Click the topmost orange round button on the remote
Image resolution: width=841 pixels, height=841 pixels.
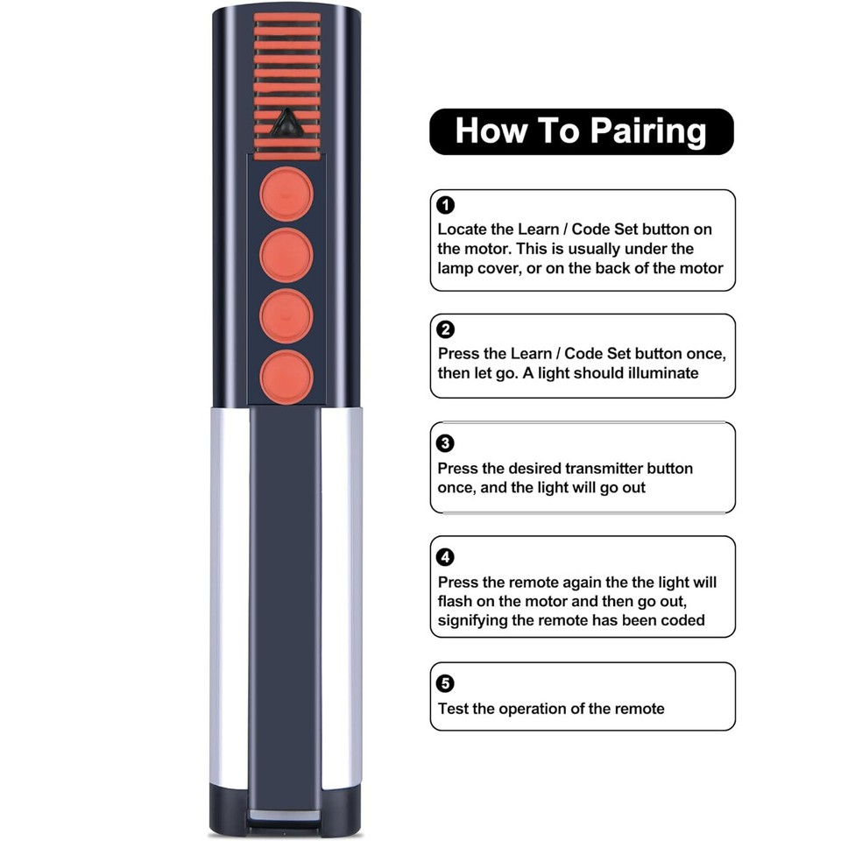[286, 195]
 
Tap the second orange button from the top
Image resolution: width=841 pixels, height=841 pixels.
[286, 255]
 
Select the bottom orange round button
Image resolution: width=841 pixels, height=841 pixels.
[286, 376]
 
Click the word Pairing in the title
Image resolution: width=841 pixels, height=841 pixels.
[647, 131]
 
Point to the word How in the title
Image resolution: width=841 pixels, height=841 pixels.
[489, 131]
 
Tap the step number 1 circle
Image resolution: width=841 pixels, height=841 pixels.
[446, 206]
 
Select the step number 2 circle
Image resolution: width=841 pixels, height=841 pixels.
[446, 330]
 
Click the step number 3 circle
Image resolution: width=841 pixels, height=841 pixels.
[446, 443]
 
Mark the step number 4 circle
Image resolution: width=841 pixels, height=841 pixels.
[446, 557]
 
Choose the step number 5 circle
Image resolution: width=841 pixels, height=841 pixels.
[446, 683]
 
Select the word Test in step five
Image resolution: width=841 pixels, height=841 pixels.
[453, 709]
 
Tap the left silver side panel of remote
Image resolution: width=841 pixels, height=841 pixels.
[230, 596]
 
